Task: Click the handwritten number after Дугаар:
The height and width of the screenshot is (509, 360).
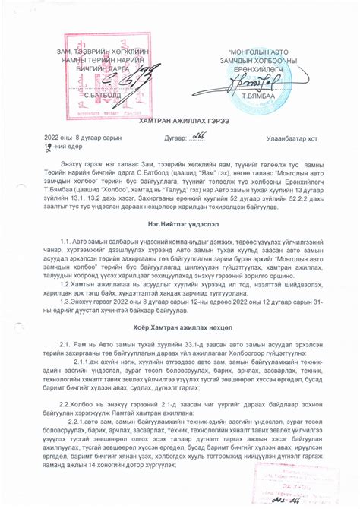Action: click(180, 134)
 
